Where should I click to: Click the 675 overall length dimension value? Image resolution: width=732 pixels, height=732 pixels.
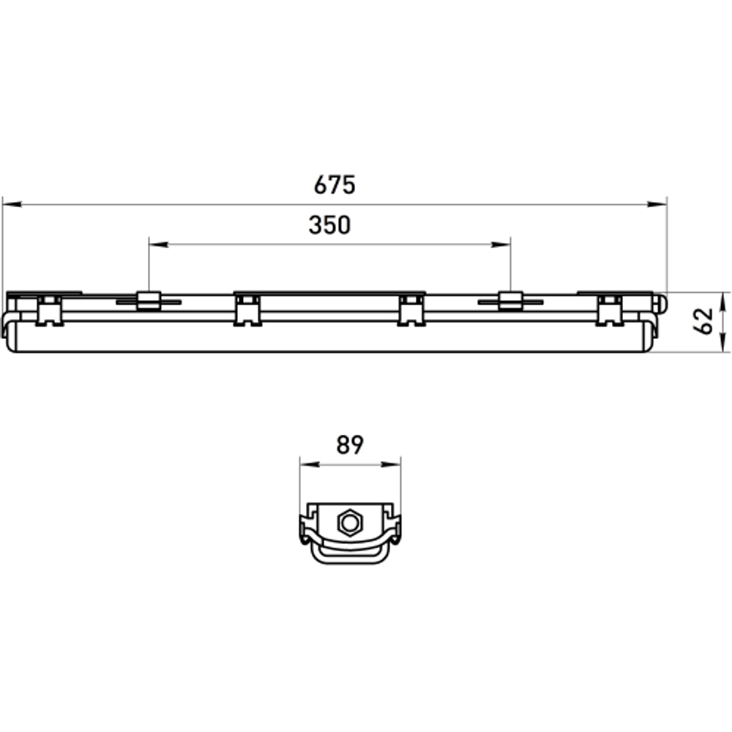tap(335, 185)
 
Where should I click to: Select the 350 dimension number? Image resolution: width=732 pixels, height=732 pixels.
tap(329, 225)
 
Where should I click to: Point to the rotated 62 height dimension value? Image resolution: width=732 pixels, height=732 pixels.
tap(703, 321)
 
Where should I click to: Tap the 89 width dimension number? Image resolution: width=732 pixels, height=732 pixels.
tap(350, 445)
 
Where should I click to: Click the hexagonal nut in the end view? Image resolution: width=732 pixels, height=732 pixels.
tap(350, 523)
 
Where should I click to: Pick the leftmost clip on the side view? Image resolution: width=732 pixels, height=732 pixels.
tap(49, 310)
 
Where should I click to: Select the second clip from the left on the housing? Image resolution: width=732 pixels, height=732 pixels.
tap(248, 310)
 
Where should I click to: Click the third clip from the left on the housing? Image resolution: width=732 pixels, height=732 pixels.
tap(411, 310)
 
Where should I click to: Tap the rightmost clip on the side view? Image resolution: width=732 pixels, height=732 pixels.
tap(609, 310)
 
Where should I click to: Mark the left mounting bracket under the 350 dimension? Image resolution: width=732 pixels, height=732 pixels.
tap(149, 300)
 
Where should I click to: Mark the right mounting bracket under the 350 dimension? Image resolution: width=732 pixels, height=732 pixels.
tap(510, 300)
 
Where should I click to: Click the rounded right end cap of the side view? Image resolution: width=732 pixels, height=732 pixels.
tap(660, 302)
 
